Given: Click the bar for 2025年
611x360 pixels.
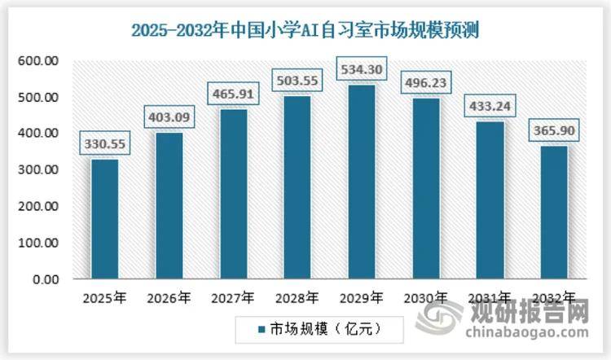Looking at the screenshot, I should [104, 218].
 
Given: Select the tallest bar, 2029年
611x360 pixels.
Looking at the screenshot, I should [363, 182].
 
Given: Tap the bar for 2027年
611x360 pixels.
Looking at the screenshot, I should [233, 194].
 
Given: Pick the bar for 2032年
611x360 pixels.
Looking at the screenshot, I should [554, 212].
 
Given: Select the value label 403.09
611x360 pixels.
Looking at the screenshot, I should [169, 117].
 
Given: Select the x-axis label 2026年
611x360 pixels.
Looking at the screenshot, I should [169, 298].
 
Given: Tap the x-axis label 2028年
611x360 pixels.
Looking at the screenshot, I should [298, 298].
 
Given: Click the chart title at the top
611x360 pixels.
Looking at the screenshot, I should [305, 31].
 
